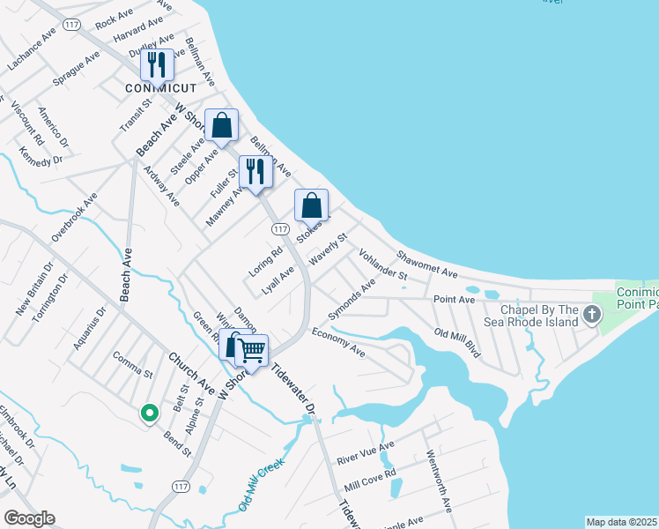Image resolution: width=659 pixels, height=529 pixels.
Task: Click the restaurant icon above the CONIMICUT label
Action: (x=157, y=64)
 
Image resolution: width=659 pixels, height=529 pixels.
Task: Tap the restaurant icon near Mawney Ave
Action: (x=255, y=171)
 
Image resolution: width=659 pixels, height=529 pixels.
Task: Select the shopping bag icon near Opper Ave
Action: (x=222, y=125)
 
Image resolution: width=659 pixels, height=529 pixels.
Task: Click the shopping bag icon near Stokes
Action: (x=311, y=205)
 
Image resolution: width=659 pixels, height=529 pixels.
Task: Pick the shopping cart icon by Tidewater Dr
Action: (x=252, y=350)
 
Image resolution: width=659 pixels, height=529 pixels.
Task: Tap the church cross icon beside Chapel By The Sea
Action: (x=591, y=313)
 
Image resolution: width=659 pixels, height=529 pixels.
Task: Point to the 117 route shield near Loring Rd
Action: (x=281, y=229)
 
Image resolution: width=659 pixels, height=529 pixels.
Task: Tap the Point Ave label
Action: (x=454, y=300)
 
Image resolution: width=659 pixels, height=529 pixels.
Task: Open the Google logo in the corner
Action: (x=29, y=518)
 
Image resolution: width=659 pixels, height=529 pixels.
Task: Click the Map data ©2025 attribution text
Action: (x=621, y=522)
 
